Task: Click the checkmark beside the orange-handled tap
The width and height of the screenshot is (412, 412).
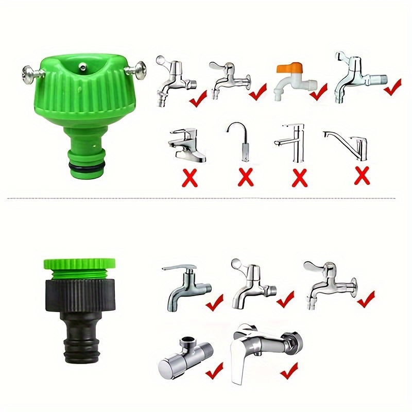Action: [318, 92]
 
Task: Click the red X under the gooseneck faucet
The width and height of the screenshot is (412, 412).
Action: [246, 178]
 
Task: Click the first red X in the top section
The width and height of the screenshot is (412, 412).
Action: [190, 178]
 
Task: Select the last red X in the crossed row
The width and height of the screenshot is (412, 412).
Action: [362, 176]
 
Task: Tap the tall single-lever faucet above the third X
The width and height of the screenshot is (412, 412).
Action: [290, 142]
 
